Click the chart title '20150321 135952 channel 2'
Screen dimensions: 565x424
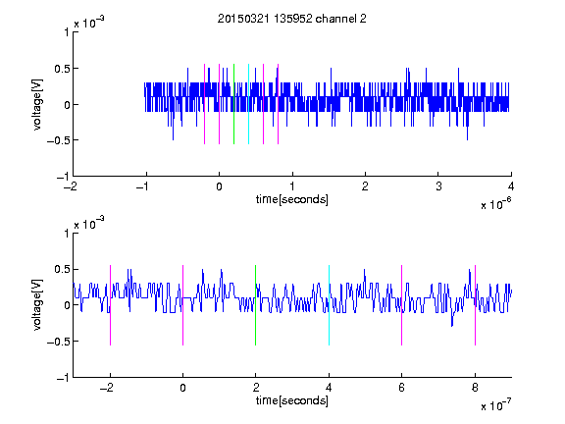pyautogui.click(x=292, y=19)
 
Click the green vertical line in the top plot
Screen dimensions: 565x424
pyautogui.click(x=233, y=104)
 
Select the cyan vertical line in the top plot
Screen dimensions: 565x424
pyautogui.click(x=248, y=104)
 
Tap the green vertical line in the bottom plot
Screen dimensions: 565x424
pyautogui.click(x=255, y=305)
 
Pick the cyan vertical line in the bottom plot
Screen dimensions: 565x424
pyautogui.click(x=329, y=305)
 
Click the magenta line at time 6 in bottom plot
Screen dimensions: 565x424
pyautogui.click(x=402, y=305)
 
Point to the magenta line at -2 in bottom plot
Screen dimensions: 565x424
pyautogui.click(x=110, y=305)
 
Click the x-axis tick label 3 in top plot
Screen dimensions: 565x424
pyautogui.click(x=438, y=186)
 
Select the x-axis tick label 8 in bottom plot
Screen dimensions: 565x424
pyautogui.click(x=475, y=388)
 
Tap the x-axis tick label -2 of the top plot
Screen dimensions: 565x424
pyautogui.click(x=71, y=186)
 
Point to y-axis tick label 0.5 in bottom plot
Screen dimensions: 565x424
pyautogui.click(x=61, y=269)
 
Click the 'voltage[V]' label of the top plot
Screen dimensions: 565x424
pyautogui.click(x=37, y=104)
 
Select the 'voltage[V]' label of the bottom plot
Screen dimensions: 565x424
pyautogui.click(x=37, y=305)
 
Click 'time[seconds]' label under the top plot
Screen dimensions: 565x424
pyautogui.click(x=292, y=199)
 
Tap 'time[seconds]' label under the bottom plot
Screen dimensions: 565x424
pyautogui.click(x=292, y=400)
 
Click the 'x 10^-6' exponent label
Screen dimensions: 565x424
pyautogui.click(x=495, y=204)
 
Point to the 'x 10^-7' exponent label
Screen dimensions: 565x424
pyautogui.click(x=495, y=405)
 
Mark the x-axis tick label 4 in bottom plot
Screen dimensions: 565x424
pyautogui.click(x=329, y=388)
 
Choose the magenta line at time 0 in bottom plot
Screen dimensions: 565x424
pyautogui.click(x=183, y=305)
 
